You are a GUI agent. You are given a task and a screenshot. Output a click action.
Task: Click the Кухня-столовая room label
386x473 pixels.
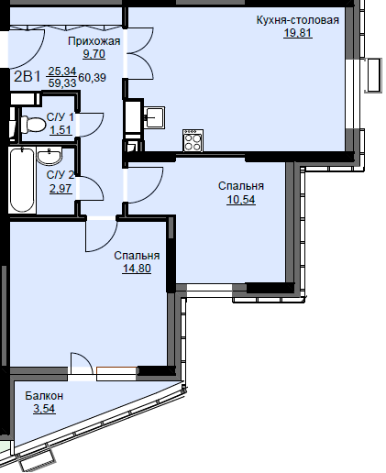click(298, 20)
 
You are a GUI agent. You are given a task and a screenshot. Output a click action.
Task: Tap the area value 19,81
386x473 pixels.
click(298, 32)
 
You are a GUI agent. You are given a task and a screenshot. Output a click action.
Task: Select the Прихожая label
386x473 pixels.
click(94, 41)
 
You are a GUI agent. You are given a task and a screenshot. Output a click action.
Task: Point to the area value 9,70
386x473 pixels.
click(94, 54)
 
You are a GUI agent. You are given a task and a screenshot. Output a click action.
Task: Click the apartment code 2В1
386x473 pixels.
click(28, 76)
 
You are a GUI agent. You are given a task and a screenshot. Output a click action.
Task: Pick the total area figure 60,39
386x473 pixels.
click(93, 78)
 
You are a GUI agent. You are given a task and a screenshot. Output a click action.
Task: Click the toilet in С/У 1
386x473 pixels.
click(33, 125)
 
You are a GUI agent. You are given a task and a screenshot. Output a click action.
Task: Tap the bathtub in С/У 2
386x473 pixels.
click(22, 181)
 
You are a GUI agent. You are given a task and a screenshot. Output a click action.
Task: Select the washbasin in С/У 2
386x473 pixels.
click(50, 156)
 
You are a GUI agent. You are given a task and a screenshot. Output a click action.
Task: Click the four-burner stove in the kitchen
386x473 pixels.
click(193, 140)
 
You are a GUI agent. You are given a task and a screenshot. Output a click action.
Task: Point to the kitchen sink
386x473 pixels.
click(155, 117)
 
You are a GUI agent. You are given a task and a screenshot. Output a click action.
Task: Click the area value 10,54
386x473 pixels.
click(241, 200)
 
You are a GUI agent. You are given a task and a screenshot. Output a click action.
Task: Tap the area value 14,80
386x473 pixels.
click(137, 269)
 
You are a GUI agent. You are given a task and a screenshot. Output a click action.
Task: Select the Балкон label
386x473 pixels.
click(44, 396)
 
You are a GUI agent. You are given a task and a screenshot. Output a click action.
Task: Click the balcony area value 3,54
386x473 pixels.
click(44, 409)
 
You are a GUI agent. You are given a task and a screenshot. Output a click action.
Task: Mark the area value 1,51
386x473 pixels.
click(61, 130)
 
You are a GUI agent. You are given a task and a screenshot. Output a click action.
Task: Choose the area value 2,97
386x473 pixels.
click(61, 189)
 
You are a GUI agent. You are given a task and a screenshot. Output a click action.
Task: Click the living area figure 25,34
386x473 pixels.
click(62, 71)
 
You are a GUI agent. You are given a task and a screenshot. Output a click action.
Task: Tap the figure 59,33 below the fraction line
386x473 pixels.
click(62, 83)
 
